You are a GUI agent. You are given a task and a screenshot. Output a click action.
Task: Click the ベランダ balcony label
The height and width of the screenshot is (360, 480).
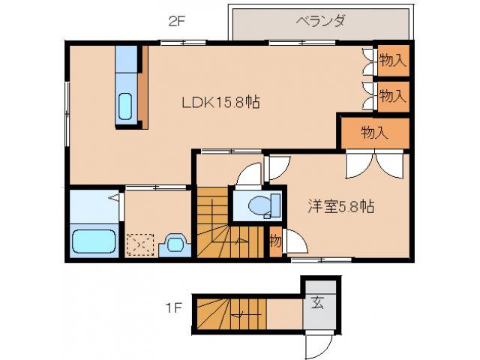[320, 21]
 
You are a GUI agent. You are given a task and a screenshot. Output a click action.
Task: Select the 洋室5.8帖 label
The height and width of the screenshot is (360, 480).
[342, 207]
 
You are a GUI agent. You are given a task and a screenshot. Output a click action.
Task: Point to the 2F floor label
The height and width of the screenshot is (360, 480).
[176, 21]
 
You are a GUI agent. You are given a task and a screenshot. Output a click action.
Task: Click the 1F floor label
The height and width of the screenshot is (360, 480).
[173, 307]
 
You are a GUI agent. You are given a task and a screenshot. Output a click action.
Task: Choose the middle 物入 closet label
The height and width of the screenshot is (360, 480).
[392, 95]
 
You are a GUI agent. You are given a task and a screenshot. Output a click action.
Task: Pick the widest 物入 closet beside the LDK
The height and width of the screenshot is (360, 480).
[375, 133]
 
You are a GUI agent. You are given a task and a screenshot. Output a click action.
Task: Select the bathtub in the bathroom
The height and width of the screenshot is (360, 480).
[93, 242]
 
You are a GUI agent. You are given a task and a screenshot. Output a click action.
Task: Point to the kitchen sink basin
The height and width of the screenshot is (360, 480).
[126, 106]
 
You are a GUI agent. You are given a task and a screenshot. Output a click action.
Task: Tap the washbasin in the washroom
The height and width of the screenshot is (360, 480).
[175, 243]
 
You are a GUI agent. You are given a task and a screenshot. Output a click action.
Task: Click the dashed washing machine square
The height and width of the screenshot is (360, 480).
[139, 244]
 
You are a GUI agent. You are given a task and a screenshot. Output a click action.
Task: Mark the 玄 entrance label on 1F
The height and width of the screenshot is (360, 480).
[317, 304]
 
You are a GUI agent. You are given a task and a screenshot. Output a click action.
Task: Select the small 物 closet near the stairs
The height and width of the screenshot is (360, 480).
[274, 241]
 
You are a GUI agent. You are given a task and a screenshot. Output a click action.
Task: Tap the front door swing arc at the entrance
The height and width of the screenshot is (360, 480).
[319, 346]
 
